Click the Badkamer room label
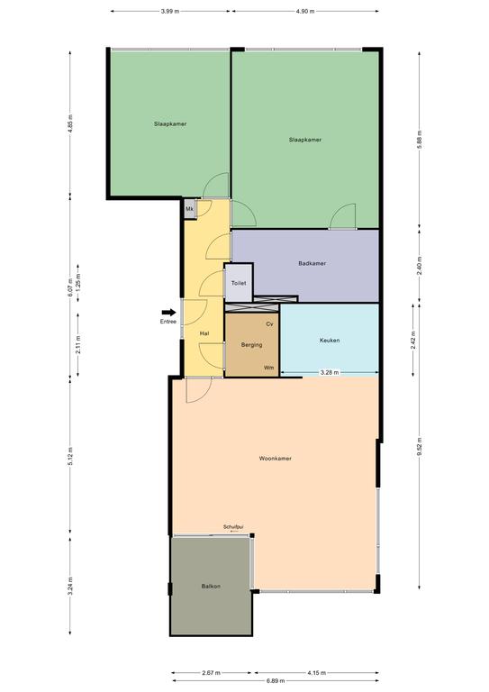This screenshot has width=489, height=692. point(312,263)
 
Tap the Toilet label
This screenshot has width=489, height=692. point(239,283)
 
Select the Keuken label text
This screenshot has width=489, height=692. point(330,341)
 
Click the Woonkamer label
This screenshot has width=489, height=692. point(276,459)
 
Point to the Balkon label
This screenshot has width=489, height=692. point(211,587)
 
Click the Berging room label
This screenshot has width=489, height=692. point(252,345)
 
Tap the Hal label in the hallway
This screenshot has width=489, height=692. point(204,333)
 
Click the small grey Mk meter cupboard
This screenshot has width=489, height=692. point(190,209)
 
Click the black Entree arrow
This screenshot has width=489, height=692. point(168,313)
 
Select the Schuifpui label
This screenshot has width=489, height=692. point(233,527)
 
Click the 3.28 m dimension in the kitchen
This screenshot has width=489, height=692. point(330,372)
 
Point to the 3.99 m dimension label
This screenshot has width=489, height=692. point(170,12)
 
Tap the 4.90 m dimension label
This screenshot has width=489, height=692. point(305,12)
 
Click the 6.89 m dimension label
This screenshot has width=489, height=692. point(276,680)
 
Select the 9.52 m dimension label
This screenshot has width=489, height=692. point(420,447)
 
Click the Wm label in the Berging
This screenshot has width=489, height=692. point(268,368)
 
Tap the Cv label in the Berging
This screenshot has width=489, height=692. point(270,324)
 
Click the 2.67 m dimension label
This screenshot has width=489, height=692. point(212,673)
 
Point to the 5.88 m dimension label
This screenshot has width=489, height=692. point(420,140)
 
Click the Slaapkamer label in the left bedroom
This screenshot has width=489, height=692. point(170,124)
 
